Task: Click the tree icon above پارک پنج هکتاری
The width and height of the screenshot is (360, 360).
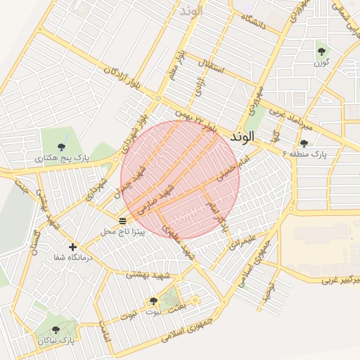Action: coord(61,147)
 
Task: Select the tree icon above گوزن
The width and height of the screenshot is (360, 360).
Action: coord(321,51)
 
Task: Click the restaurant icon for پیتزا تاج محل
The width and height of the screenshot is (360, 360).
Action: coord(123,221)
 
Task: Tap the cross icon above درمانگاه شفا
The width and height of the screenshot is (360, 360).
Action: coord(72,247)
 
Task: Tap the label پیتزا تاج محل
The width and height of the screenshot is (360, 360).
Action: coord(122,231)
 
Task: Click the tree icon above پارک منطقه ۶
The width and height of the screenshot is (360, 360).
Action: coord(304,143)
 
